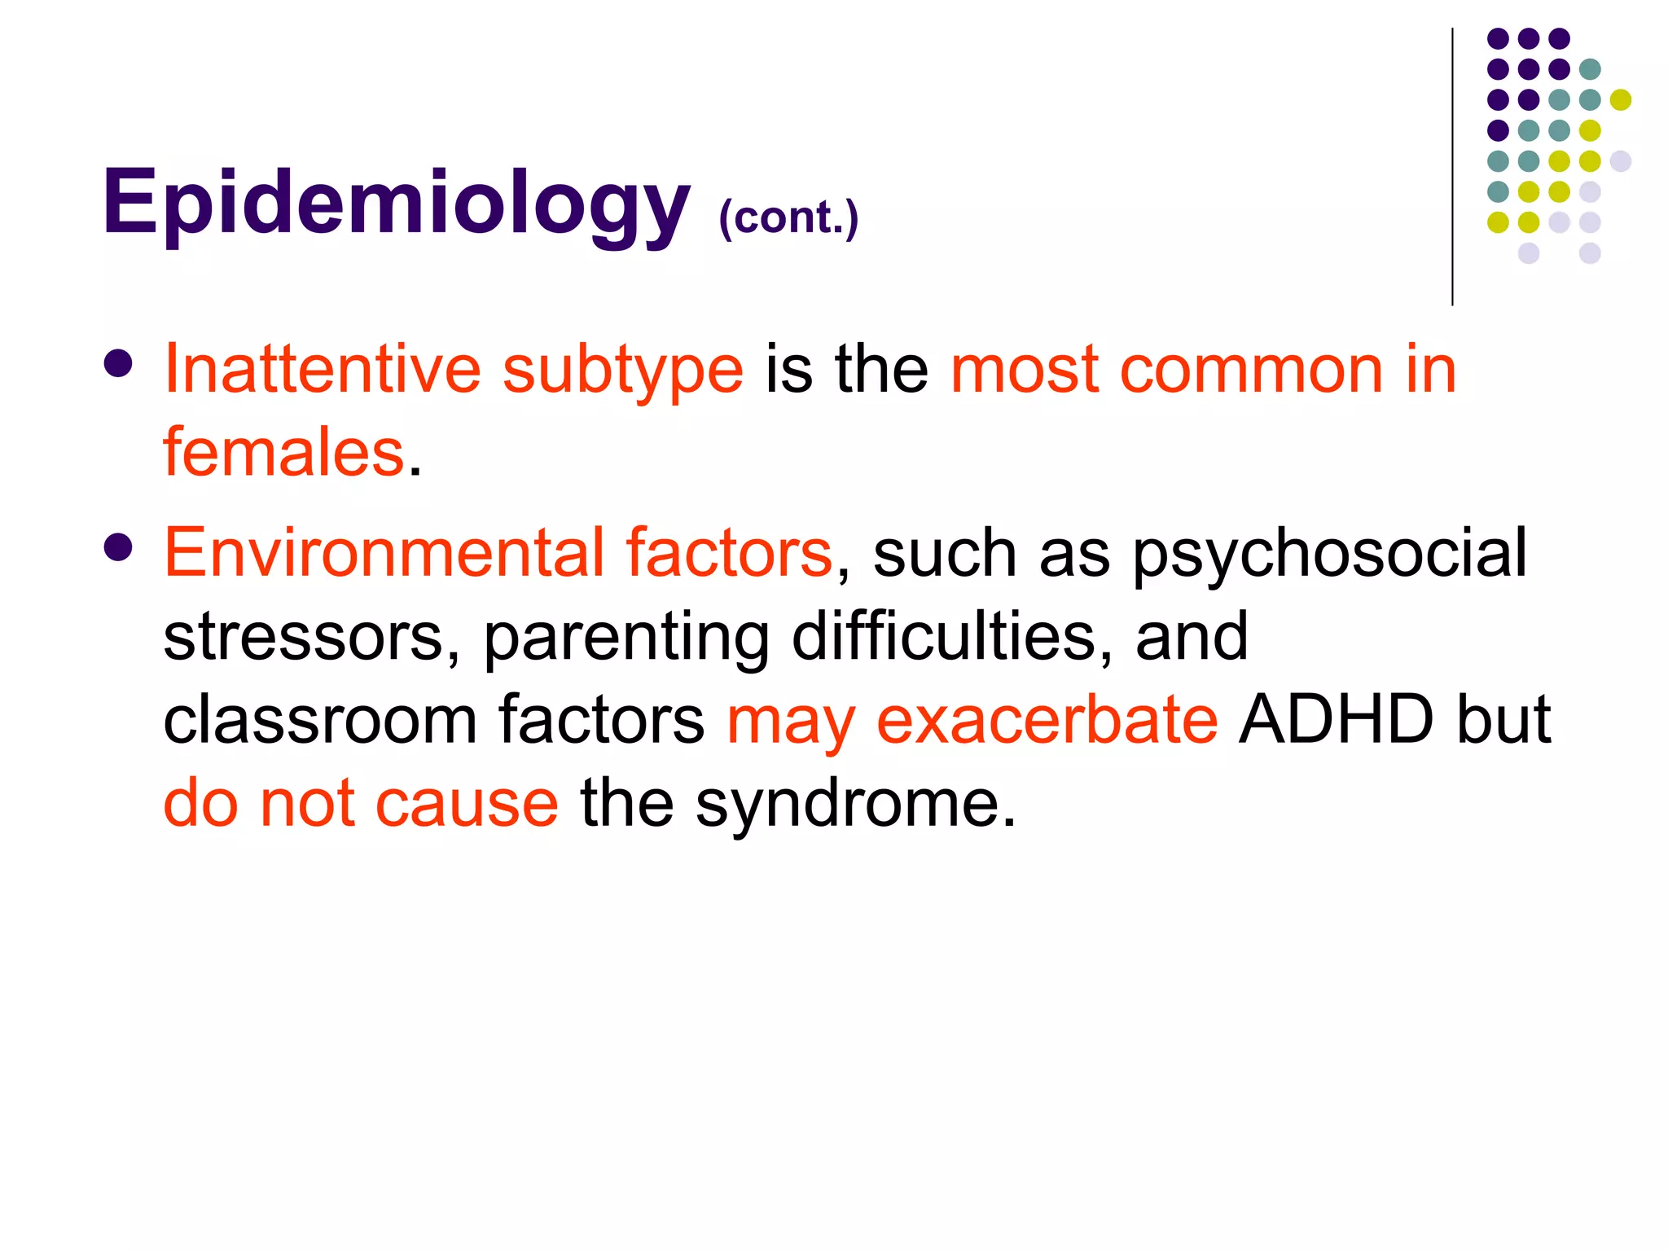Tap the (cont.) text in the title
pyautogui.click(x=788, y=217)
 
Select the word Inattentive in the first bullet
pyautogui.click(x=323, y=370)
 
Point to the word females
pyautogui.click(x=283, y=452)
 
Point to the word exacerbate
pyautogui.click(x=1047, y=720)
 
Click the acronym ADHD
pyautogui.click(x=1336, y=720)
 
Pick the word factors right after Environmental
pyautogui.click(x=728, y=552)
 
